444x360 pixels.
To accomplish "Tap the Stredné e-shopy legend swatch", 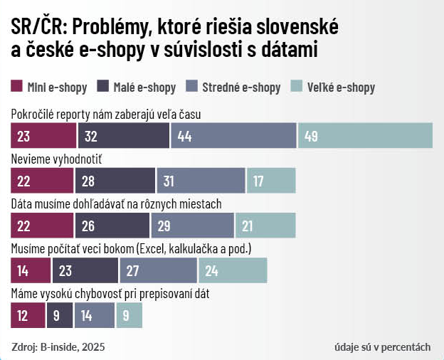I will coord(191,88).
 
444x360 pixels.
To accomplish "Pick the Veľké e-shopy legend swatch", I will coord(297,88).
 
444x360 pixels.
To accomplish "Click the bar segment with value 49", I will coord(365,135).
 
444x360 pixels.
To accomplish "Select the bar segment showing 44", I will coord(233,135).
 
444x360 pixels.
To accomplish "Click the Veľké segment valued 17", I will coord(270,181).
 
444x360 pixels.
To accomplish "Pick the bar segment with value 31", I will coord(201,181).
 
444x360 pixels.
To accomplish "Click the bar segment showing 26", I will coord(112,226).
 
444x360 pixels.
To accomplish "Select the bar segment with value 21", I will coord(265,226).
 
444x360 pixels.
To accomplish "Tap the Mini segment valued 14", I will coord(31,270).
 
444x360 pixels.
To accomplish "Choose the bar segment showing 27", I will coord(158,270).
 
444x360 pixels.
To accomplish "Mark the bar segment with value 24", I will coord(233,270).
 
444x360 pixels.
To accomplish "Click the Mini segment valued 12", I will coord(28,315).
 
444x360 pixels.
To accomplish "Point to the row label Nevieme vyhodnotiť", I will coord(61,158).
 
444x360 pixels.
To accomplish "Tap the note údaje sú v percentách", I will coord(382,347).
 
